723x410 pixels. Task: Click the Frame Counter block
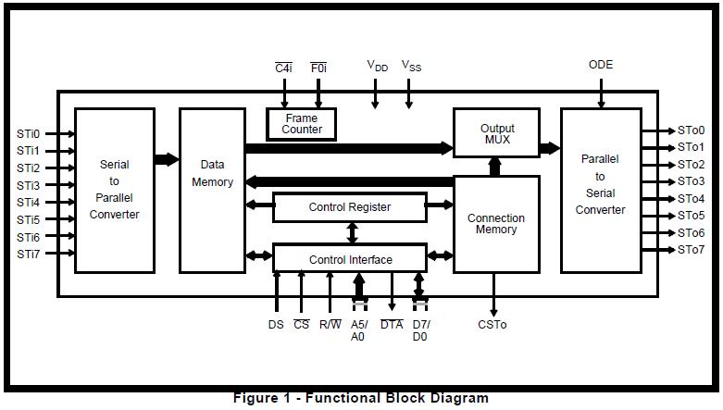pyautogui.click(x=301, y=124)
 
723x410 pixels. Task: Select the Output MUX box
pyautogui.click(x=496, y=133)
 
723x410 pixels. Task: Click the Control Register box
pyautogui.click(x=349, y=207)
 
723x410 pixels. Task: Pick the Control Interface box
pyautogui.click(x=349, y=259)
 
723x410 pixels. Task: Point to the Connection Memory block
pyautogui.click(x=495, y=224)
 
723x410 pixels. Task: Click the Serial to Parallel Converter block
pyautogui.click(x=114, y=190)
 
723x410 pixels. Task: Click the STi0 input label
pyautogui.click(x=28, y=133)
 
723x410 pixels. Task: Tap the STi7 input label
pyautogui.click(x=28, y=253)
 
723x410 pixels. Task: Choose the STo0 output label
pyautogui.click(x=691, y=130)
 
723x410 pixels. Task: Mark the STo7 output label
pyautogui.click(x=691, y=250)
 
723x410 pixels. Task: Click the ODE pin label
pyautogui.click(x=601, y=65)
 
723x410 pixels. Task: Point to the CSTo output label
pyautogui.click(x=492, y=325)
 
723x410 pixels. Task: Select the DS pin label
pyautogui.click(x=276, y=325)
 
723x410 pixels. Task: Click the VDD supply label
pyautogui.click(x=377, y=66)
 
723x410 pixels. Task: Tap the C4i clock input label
pyautogui.click(x=284, y=68)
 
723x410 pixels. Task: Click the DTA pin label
pyautogui.click(x=392, y=325)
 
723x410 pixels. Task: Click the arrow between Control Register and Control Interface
pyautogui.click(x=351, y=233)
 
